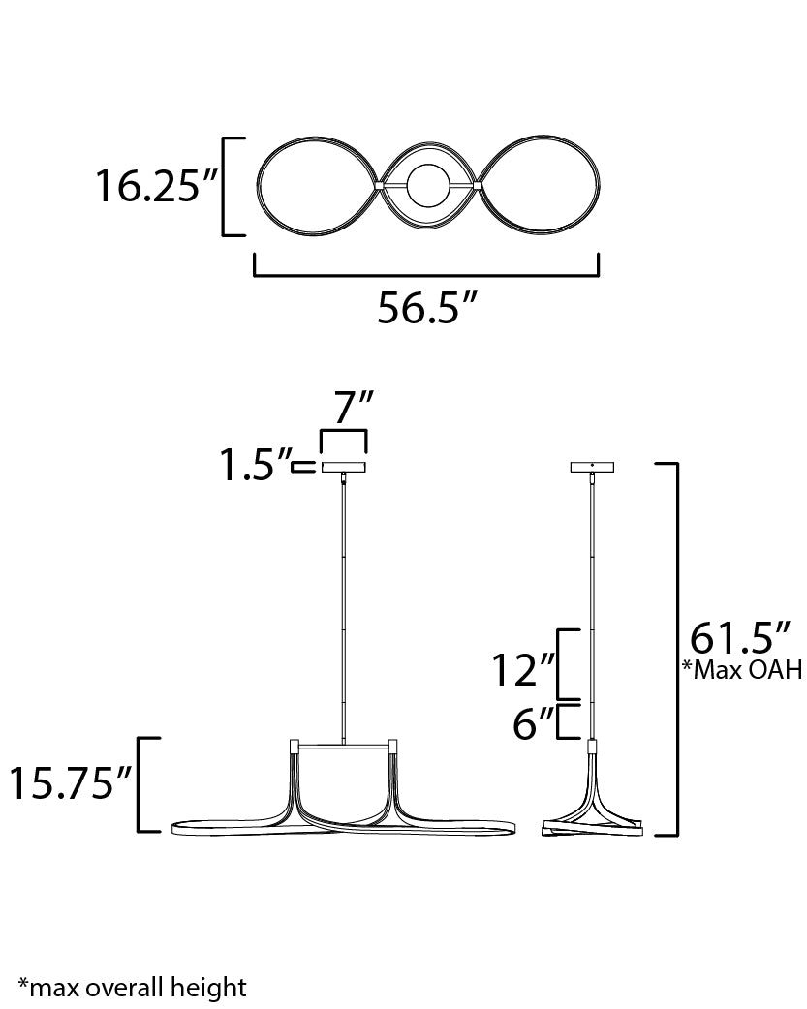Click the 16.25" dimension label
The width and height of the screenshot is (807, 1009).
click(157, 186)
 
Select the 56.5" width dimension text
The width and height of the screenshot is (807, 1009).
click(426, 307)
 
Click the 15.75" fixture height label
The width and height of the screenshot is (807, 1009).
click(70, 783)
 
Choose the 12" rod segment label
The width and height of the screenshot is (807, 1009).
click(523, 669)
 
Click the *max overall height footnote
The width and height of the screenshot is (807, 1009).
click(132, 987)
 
